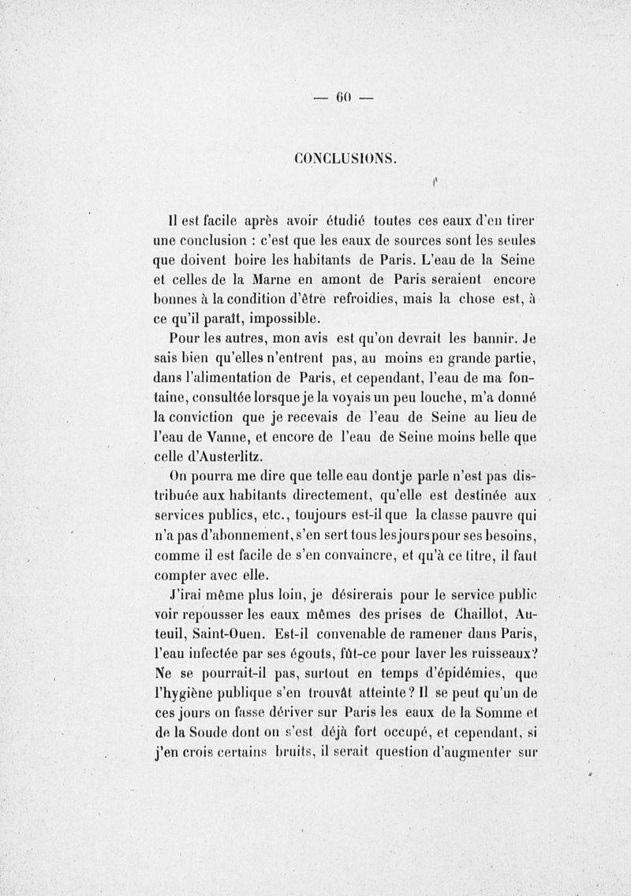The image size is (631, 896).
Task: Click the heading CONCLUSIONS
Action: pyautogui.click(x=342, y=158)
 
